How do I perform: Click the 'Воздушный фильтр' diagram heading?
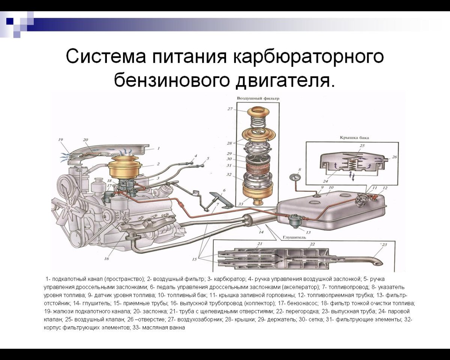(x=258, y=98)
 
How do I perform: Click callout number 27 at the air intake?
(x=230, y=109)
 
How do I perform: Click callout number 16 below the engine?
(x=106, y=258)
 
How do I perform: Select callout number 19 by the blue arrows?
(x=60, y=140)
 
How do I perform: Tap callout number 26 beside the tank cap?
(x=394, y=157)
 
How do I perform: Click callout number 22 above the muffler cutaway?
(x=312, y=244)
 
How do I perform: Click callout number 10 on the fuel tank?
(x=331, y=187)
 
